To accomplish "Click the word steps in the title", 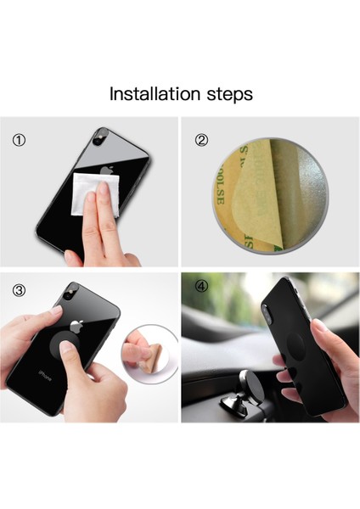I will [228, 94].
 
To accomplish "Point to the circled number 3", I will [19, 290].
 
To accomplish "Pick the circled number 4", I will [201, 288].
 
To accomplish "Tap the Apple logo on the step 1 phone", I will [106, 169].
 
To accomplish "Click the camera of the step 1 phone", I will [101, 138].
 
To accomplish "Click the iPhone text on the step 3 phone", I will [41, 372].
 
